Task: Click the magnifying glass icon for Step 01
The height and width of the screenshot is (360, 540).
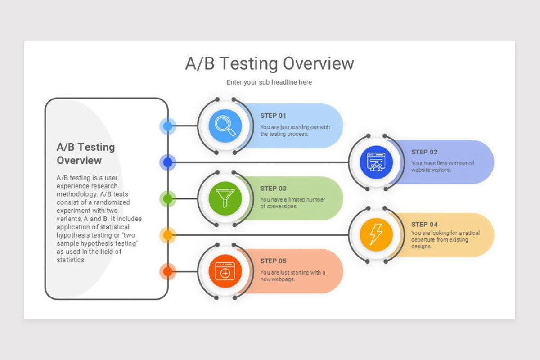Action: [x=225, y=126]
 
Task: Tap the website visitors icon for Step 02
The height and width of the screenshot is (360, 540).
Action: [x=376, y=162]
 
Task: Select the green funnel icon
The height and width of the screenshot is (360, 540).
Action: [x=225, y=198]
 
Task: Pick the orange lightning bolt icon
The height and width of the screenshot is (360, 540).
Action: [x=376, y=234]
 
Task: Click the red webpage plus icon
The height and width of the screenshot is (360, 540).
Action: [x=225, y=271]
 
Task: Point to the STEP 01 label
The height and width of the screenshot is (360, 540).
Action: [x=273, y=116]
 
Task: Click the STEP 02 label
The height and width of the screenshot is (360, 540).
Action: [x=424, y=152]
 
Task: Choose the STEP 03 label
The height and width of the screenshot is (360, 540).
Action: [x=273, y=189]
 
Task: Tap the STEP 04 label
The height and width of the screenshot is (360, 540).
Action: [x=424, y=225]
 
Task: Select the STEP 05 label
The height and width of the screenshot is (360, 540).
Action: [x=273, y=261]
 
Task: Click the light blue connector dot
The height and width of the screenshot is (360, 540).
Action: [x=168, y=126]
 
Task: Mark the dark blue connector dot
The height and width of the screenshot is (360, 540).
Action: [x=168, y=162]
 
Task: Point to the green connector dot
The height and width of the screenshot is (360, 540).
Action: [x=168, y=198]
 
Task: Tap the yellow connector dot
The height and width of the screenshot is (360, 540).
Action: [x=168, y=235]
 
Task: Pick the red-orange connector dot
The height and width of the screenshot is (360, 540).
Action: [x=168, y=271]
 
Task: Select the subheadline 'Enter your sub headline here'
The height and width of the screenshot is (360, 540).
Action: [x=269, y=82]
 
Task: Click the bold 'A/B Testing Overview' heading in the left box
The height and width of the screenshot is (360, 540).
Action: [x=85, y=153]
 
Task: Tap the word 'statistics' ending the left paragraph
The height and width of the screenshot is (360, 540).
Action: [x=71, y=260]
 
